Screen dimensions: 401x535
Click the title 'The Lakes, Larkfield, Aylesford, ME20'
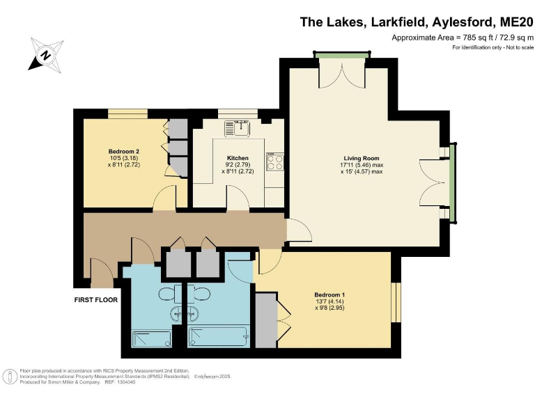click(x=414, y=22)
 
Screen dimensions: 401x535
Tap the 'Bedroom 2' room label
click(x=124, y=151)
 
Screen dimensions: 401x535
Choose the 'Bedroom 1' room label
click(x=329, y=295)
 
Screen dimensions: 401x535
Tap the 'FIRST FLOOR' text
click(x=95, y=300)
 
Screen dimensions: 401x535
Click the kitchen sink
click(x=238, y=127)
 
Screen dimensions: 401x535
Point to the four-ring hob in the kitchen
click(x=275, y=161)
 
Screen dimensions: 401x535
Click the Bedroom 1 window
click(x=396, y=298)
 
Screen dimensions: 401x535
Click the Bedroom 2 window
click(x=127, y=114)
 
